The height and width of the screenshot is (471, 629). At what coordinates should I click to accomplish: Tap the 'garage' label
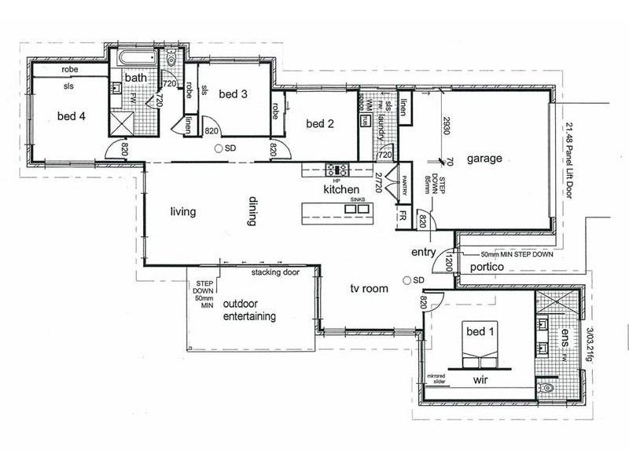pos(484,159)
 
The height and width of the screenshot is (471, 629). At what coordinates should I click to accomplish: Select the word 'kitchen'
pos(341,190)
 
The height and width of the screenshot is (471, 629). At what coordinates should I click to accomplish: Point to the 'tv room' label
pos(370,289)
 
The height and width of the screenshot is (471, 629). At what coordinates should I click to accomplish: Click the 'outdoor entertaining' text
pos(249,311)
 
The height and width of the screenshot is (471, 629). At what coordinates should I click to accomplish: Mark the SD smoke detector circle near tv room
pos(406,280)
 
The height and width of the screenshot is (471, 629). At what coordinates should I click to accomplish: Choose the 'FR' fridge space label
pos(401,214)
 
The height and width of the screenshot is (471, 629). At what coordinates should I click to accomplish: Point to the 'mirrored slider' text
pos(437,379)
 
